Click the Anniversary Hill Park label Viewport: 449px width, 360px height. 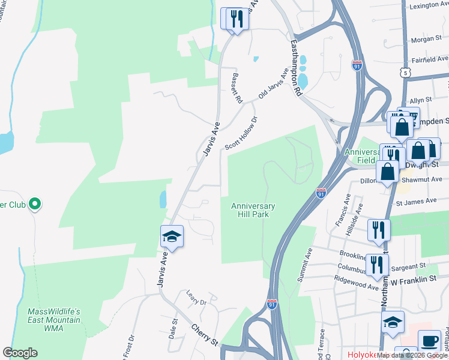[253, 210]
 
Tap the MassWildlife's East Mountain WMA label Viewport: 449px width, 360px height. [54, 320]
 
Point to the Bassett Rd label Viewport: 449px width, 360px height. [237, 88]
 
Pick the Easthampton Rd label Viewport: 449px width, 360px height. [297, 68]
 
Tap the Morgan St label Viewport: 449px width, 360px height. [426, 40]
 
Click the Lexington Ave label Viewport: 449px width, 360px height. [429, 6]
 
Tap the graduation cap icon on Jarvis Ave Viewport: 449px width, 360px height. [172, 236]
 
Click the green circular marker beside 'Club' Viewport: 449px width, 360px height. [35, 205]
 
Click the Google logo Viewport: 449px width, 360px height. [20, 352]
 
